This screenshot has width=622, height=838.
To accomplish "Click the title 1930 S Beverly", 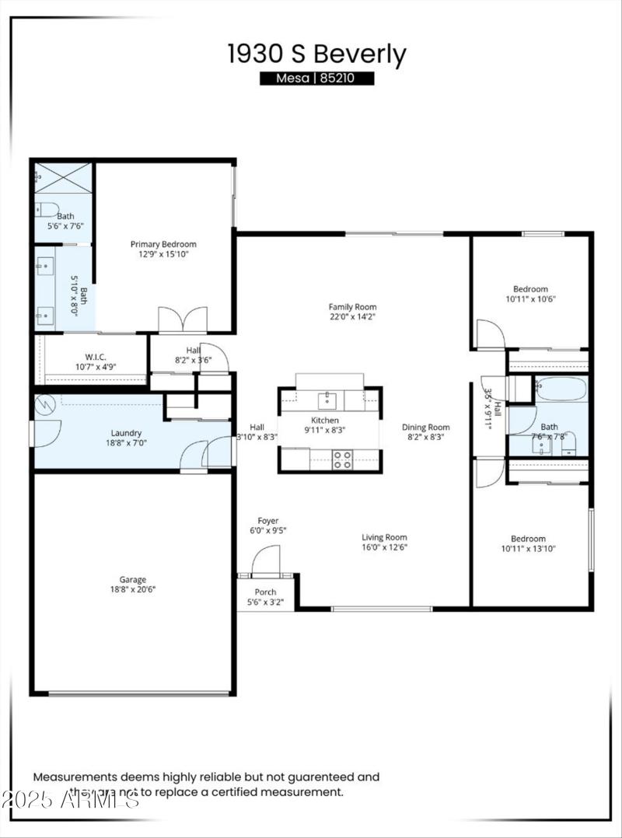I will (316, 55).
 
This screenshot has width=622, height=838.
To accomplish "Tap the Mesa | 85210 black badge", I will (316, 79).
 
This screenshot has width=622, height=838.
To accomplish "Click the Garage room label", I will (133, 579).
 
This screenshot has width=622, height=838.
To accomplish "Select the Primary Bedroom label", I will (163, 243).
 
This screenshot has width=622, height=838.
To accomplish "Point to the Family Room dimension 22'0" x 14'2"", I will (352, 317).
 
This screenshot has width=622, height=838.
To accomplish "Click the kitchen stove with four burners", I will (343, 459).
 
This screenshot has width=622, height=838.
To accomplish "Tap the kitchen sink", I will (327, 401).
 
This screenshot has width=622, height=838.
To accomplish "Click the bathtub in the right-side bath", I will (561, 389).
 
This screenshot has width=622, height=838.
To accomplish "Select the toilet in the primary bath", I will (47, 208).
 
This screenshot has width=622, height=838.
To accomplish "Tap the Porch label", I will (265, 592).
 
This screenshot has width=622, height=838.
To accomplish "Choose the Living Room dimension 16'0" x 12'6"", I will (384, 547).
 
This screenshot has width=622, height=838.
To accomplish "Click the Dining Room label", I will (425, 427).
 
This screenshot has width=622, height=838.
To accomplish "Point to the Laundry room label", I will (126, 433).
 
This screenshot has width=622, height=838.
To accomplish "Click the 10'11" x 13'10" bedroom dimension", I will (528, 549).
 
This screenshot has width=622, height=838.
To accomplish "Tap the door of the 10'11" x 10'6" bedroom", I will (489, 334).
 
